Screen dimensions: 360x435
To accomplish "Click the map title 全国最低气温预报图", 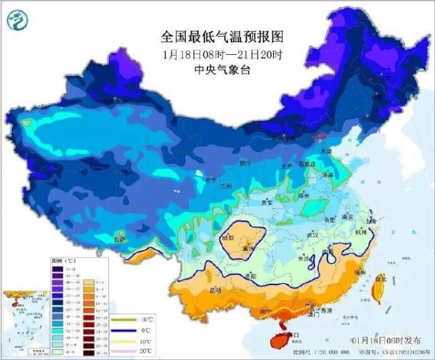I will (x=213, y=35).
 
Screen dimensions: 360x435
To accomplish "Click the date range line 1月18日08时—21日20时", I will (x=213, y=54).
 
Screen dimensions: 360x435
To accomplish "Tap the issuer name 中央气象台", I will (x=213, y=70).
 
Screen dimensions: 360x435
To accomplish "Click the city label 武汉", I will (x=312, y=235).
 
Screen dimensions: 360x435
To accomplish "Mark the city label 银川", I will (x=246, y=163).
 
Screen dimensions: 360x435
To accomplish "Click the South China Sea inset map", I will (x=23, y=314).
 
